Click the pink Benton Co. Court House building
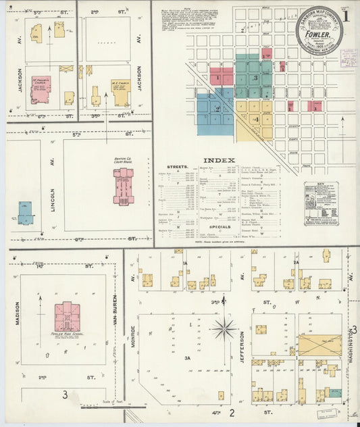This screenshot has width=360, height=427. point(123,186)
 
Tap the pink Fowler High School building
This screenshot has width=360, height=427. point(67,316)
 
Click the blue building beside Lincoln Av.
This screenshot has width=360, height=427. point(26,213)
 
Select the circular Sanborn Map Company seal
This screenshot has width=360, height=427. point(319,32)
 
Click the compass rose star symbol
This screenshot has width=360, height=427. point(224,330)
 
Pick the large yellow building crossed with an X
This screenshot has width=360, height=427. point(319,345)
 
